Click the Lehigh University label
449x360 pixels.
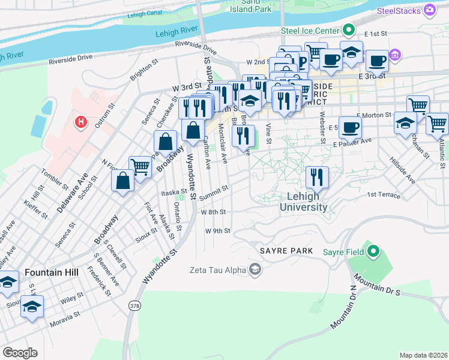[x=303, y=202]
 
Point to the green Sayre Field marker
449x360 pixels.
[x=373, y=250]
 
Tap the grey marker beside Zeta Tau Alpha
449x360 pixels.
[x=256, y=269]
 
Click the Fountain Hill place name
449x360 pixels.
[x=52, y=272]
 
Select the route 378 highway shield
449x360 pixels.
[x=133, y=305]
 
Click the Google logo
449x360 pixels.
[x=20, y=353]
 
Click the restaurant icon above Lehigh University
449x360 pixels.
[x=317, y=178]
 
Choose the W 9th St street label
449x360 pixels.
[x=217, y=231]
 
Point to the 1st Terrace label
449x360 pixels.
[x=384, y=195]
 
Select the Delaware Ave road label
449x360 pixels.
[x=73, y=193]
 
